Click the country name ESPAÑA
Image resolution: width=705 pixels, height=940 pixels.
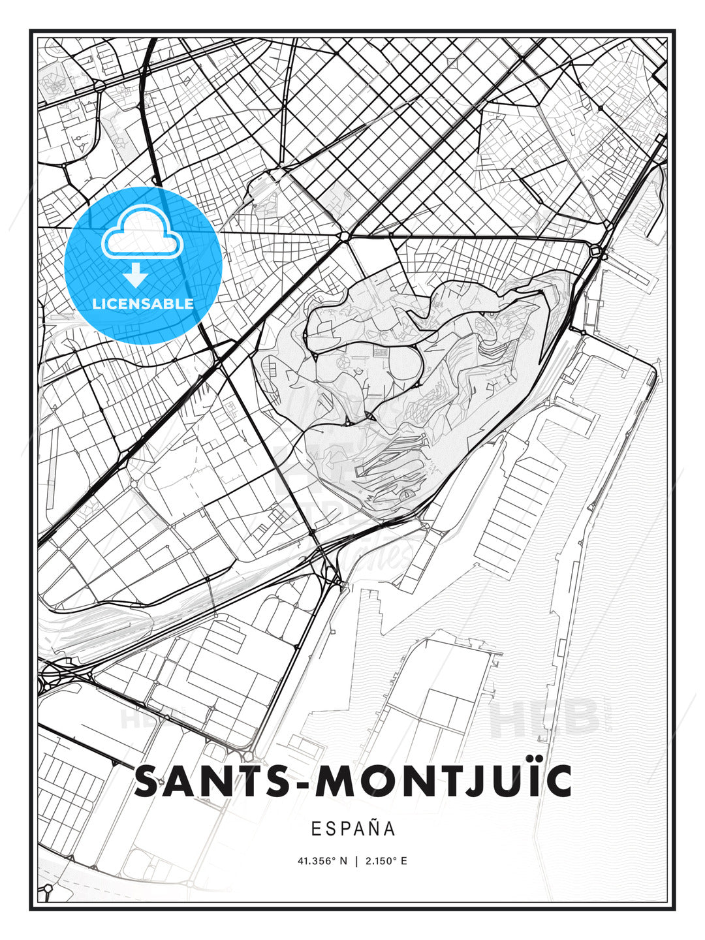[353, 829]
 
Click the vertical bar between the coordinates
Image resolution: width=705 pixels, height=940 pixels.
[356, 861]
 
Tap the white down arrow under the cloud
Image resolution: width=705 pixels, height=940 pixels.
[136, 275]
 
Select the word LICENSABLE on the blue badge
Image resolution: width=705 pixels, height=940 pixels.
[143, 304]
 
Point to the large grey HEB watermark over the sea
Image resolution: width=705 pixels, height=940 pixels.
[544, 718]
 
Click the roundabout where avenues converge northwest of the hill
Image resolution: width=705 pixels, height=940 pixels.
[344, 236]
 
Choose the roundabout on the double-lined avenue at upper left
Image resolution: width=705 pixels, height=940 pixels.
[99, 86]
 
